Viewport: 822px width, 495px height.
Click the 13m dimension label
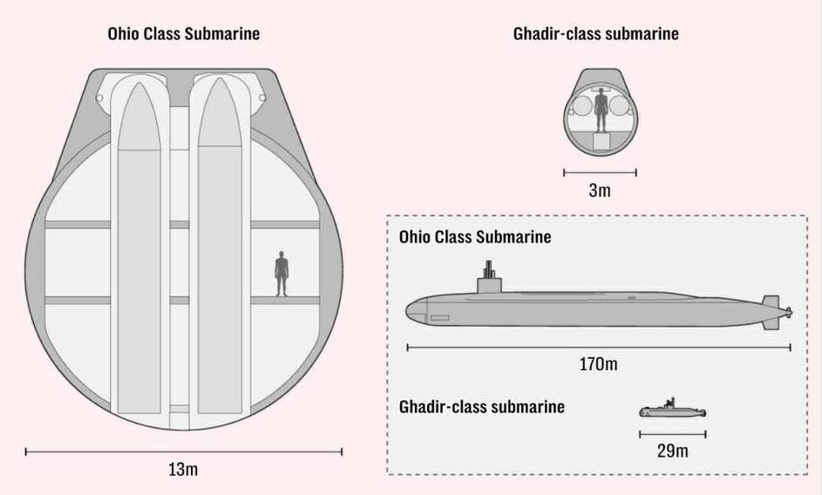183,470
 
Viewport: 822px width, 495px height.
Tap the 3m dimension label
600,190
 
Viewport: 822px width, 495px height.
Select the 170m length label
599,364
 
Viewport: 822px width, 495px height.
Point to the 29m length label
672,451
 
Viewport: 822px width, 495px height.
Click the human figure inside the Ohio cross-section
282,274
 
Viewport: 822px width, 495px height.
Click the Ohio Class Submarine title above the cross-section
183,35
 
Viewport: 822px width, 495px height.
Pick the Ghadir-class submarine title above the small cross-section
596,35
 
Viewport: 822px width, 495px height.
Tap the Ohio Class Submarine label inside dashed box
475,237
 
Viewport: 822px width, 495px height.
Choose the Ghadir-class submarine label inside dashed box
482,407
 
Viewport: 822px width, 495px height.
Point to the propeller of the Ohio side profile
787,311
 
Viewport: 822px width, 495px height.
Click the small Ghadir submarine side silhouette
672,411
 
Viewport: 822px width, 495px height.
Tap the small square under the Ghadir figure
600,144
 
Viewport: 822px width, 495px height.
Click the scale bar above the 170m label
599,348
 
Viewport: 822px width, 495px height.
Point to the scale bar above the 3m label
600,173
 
